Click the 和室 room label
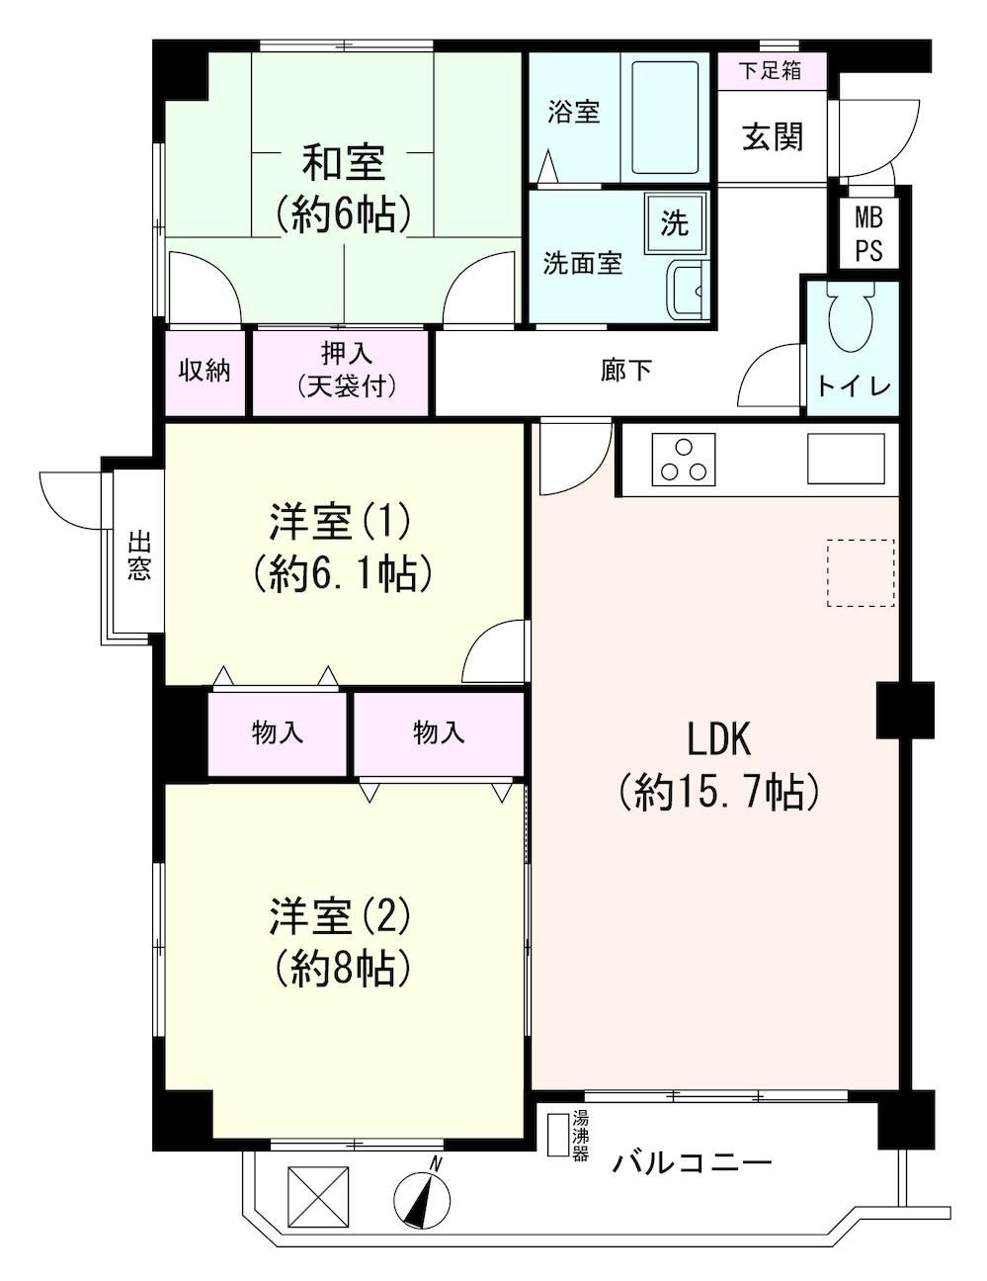coord(344,163)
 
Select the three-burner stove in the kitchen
coord(684,460)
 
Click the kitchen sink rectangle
coord(846,459)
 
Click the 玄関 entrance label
coord(773,137)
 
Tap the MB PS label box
coord(869,233)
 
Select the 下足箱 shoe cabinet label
coord(771,71)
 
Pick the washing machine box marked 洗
coord(674,222)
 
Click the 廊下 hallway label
coord(625,371)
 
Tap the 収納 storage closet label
coord(205,371)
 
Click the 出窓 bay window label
coord(138,555)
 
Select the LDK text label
coord(719,741)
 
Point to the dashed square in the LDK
coord(861,572)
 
